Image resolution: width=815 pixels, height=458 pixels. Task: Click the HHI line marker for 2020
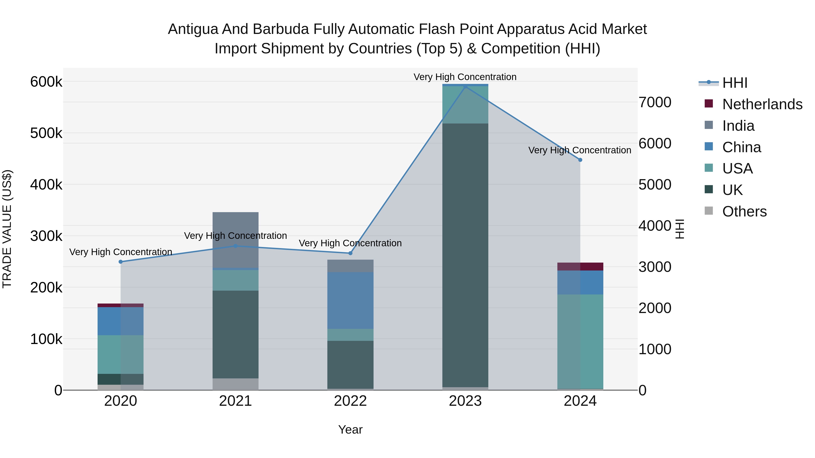(120, 262)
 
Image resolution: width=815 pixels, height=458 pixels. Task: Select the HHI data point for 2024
(580, 160)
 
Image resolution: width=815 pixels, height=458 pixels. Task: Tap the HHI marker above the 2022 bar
(350, 253)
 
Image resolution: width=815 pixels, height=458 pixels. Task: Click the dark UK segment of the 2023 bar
(465, 255)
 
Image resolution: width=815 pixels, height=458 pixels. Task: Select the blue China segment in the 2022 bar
(350, 300)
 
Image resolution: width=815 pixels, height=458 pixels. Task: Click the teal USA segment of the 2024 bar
(580, 341)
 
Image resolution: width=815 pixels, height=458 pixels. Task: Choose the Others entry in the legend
(744, 211)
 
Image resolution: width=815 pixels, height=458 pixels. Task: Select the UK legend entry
(732, 190)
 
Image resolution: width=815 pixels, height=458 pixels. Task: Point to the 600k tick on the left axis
(46, 82)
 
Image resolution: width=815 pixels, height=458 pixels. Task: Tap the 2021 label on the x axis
(235, 401)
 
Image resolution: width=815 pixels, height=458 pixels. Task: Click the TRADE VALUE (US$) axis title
(7, 229)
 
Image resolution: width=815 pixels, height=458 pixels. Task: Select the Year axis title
(350, 430)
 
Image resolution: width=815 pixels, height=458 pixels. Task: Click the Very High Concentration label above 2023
(465, 77)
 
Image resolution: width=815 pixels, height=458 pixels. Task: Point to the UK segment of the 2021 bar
(235, 335)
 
